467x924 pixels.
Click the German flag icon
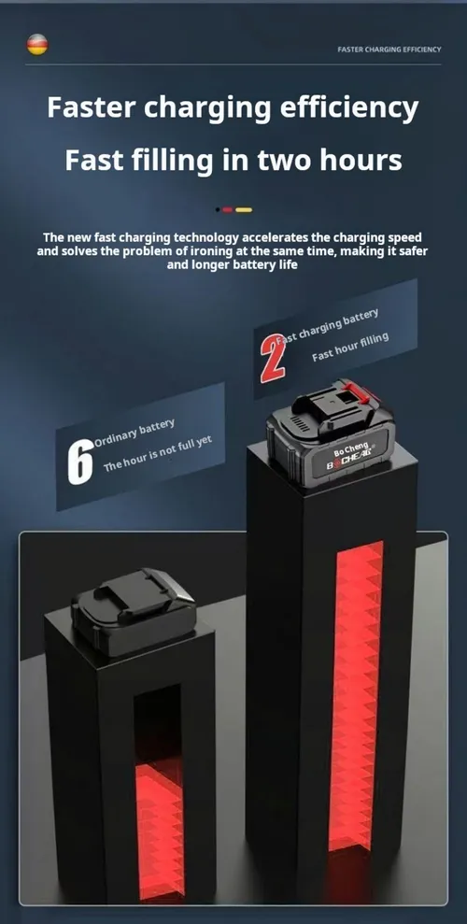tap(37, 45)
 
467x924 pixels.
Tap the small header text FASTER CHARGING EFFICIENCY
tap(389, 50)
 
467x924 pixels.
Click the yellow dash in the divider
tap(244, 210)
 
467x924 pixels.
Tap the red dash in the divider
tap(227, 210)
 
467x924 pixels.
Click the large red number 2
tap(272, 357)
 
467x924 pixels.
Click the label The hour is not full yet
tap(157, 454)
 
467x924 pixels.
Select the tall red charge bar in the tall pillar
tap(356, 695)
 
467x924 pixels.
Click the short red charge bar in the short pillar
tap(159, 831)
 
